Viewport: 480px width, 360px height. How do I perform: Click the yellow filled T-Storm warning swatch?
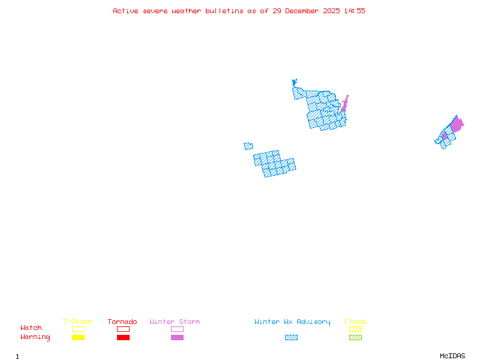click(78, 338)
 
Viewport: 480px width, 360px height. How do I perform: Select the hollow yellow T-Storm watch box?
click(78, 329)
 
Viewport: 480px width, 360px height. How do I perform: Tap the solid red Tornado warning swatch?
click(123, 338)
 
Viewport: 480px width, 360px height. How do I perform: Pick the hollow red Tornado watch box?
click(123, 329)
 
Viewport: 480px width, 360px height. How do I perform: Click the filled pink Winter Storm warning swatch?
click(177, 338)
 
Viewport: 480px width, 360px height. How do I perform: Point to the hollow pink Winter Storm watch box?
click(177, 329)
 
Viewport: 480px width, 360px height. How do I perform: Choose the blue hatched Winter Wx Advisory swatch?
click(291, 338)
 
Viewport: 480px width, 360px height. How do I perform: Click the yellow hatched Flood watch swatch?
click(355, 329)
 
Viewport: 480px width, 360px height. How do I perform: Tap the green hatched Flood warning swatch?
click(355, 338)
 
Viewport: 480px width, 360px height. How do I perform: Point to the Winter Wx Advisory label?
click(292, 322)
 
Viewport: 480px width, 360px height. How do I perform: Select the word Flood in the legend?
click(355, 322)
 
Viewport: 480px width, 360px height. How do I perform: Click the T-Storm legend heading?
click(77, 322)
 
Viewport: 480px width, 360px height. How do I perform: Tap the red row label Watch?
click(31, 328)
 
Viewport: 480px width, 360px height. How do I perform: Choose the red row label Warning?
click(35, 337)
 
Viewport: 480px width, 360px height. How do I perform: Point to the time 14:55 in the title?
click(354, 11)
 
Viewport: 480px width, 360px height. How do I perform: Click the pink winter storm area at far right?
click(457, 125)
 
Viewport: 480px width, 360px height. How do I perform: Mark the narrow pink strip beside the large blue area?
click(344, 104)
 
